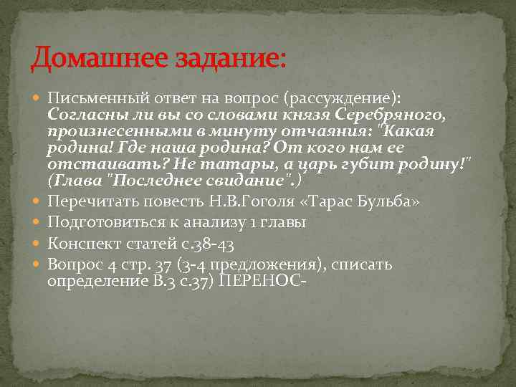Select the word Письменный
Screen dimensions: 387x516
pos(95,98)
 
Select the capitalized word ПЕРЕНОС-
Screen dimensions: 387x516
pos(262,281)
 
